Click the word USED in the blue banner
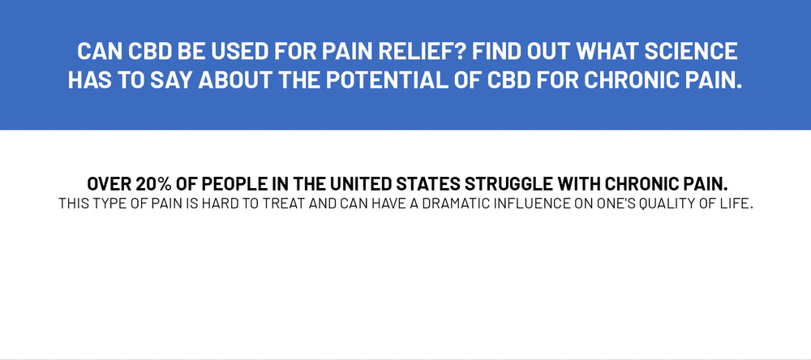point(242,51)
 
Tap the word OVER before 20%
point(109,183)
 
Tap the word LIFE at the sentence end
point(736,204)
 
